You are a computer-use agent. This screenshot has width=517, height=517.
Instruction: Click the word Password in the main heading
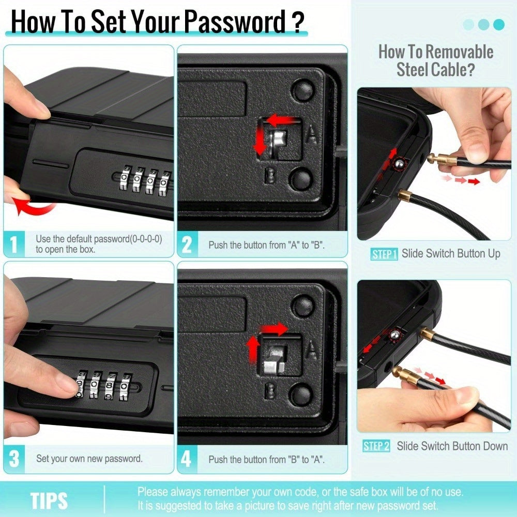[235, 21]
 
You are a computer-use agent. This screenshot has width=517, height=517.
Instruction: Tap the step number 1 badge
[14, 244]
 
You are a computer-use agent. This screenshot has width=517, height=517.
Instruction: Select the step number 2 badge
[187, 245]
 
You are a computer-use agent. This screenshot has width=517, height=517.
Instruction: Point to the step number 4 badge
[187, 459]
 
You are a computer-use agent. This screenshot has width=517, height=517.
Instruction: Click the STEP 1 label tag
[384, 254]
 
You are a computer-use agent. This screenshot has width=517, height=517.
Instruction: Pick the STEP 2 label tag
[376, 446]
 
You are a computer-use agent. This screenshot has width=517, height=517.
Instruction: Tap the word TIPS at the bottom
[49, 501]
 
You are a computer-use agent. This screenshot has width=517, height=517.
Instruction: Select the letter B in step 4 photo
[270, 391]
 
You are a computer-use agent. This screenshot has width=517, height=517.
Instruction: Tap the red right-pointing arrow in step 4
[275, 329]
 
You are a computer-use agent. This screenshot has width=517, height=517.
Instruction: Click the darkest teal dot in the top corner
[498, 24]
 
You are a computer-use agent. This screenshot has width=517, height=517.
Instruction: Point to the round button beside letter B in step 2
[301, 178]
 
